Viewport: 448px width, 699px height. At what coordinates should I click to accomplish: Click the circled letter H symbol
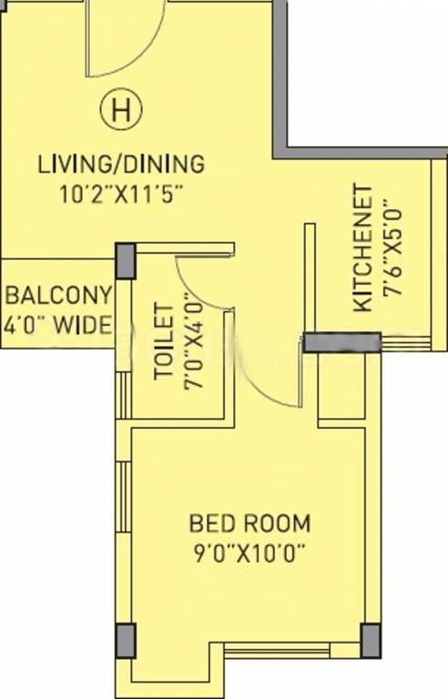121,109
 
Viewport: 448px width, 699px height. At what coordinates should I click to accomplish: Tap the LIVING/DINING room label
121,164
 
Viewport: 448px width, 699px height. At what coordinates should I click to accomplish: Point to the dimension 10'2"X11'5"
121,195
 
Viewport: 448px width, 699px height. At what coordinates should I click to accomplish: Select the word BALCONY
58,295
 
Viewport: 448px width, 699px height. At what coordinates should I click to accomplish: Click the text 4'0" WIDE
57,325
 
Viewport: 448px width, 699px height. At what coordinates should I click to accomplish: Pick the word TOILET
163,341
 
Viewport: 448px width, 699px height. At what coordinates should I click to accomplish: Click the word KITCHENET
362,248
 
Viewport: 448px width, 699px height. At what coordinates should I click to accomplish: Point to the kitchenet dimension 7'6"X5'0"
393,248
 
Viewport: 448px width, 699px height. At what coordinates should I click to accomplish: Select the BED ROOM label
249,523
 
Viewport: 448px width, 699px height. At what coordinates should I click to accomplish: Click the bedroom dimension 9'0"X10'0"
249,553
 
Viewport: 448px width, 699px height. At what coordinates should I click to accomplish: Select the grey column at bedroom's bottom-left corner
126,641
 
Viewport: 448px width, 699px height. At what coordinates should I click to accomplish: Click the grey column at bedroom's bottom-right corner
371,641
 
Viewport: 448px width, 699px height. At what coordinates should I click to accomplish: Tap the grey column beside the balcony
126,261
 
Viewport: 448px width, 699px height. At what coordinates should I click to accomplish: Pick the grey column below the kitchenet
341,342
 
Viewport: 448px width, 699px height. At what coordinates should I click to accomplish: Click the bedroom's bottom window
277,650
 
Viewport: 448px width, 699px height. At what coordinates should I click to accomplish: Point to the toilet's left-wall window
124,395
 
